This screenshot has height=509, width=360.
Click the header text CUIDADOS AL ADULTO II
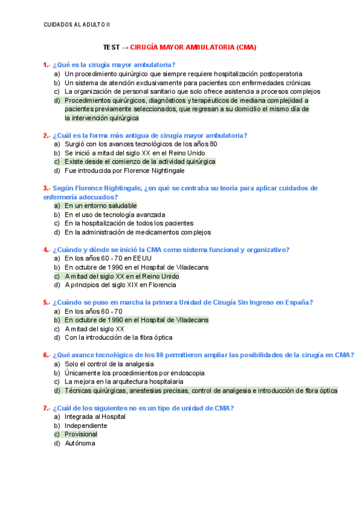click(x=77, y=24)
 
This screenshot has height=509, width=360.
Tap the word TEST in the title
click(x=112, y=47)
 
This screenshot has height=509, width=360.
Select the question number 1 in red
click(x=46, y=65)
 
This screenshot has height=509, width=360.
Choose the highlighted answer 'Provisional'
click(x=81, y=434)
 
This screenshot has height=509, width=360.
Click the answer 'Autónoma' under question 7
click(x=80, y=443)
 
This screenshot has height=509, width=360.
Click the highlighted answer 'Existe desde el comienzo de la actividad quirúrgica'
click(x=140, y=161)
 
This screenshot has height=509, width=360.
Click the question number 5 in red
click(x=46, y=303)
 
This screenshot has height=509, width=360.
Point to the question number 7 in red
click(x=46, y=408)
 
